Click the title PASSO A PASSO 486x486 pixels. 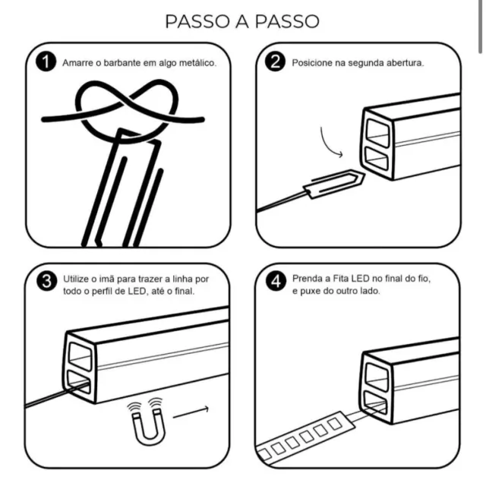pos(242,21)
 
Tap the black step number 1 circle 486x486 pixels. pos(46,62)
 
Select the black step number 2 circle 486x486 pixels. pos(275,62)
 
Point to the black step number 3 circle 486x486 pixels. pos(47,281)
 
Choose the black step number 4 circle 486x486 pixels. pos(276,281)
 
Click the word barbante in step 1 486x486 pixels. pos(121,62)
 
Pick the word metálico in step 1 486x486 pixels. pos(197,62)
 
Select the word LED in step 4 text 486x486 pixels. pos(360,279)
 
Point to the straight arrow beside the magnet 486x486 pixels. pos(191,412)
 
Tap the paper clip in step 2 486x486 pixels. pos(334,184)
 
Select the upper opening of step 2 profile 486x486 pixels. pos(378,133)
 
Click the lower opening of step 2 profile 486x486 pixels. pos(377,158)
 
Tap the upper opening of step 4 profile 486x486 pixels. pos(377,377)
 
